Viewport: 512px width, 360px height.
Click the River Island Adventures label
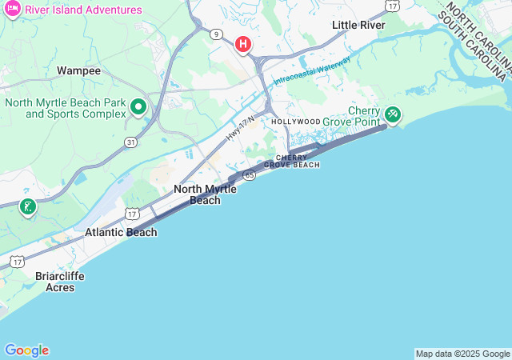point(83,10)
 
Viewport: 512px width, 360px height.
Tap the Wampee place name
point(78,70)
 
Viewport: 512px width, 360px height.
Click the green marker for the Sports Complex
point(138,106)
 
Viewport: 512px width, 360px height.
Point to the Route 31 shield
point(130,142)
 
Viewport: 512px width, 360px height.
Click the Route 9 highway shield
point(217,34)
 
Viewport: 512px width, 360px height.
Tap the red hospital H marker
point(243,45)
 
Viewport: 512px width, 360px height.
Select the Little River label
point(358,25)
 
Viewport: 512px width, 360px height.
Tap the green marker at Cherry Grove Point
point(393,114)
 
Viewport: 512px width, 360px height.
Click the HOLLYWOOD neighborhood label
point(296,122)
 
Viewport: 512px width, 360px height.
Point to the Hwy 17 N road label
point(239,129)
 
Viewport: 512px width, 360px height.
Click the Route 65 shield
point(250,174)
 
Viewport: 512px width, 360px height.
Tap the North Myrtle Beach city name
point(205,194)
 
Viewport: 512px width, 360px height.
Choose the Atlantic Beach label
point(121,232)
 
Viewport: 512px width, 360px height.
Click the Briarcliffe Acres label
point(60,282)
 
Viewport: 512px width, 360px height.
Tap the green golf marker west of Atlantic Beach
point(28,207)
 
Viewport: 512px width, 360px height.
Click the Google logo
point(26,350)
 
